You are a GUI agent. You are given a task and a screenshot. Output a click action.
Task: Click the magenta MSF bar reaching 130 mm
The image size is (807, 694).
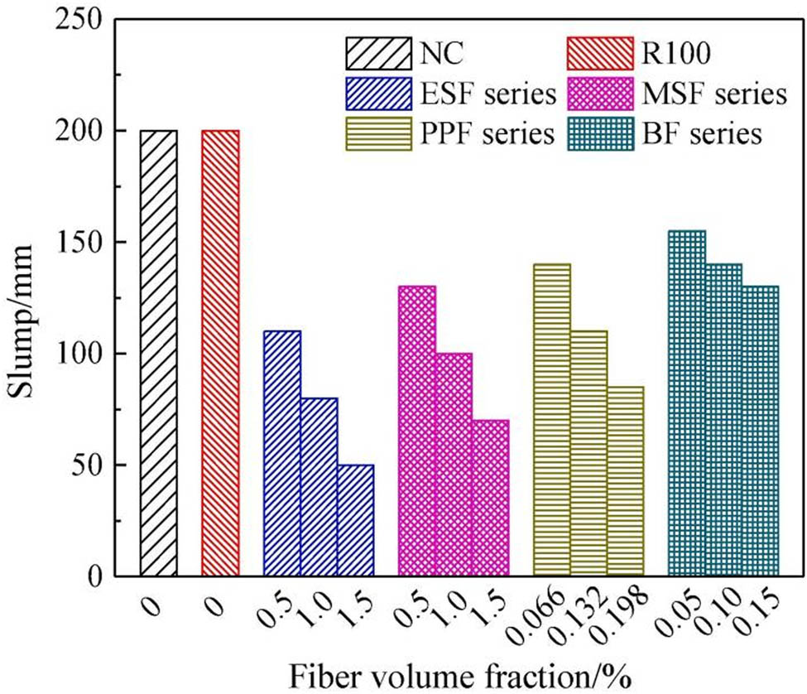point(417,431)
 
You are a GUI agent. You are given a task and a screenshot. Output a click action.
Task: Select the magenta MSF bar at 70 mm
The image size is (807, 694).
point(490,498)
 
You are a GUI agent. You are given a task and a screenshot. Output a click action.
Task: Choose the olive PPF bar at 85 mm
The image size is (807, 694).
point(625,481)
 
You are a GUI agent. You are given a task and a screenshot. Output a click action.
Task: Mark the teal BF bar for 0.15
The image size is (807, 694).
point(760,431)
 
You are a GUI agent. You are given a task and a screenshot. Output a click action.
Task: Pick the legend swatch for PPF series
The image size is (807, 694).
point(377,133)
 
